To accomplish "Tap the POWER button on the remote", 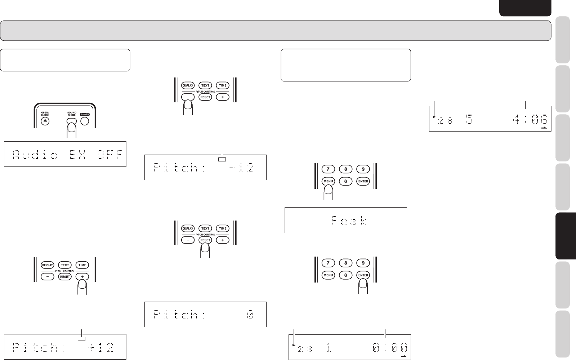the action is [x=85, y=121].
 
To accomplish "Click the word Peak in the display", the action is [x=348, y=220].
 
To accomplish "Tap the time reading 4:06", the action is [x=530, y=119].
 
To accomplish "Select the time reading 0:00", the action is [x=390, y=348].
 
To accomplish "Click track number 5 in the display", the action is [x=469, y=119].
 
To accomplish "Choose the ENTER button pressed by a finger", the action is [x=363, y=275].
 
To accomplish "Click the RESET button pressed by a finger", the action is [x=205, y=240].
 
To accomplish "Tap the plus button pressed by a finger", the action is [x=82, y=277].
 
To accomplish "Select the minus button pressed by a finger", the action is [x=188, y=97].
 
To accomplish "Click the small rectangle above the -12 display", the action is [x=222, y=159].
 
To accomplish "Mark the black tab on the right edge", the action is [x=565, y=236].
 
